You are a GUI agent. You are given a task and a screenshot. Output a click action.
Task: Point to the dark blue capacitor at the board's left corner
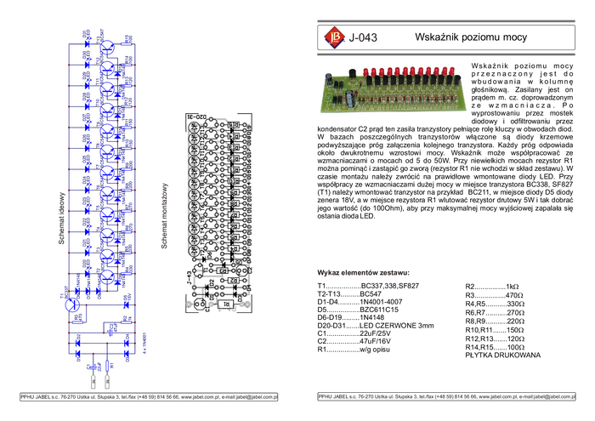327,80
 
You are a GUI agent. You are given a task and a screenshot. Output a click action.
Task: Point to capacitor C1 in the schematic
93,367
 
